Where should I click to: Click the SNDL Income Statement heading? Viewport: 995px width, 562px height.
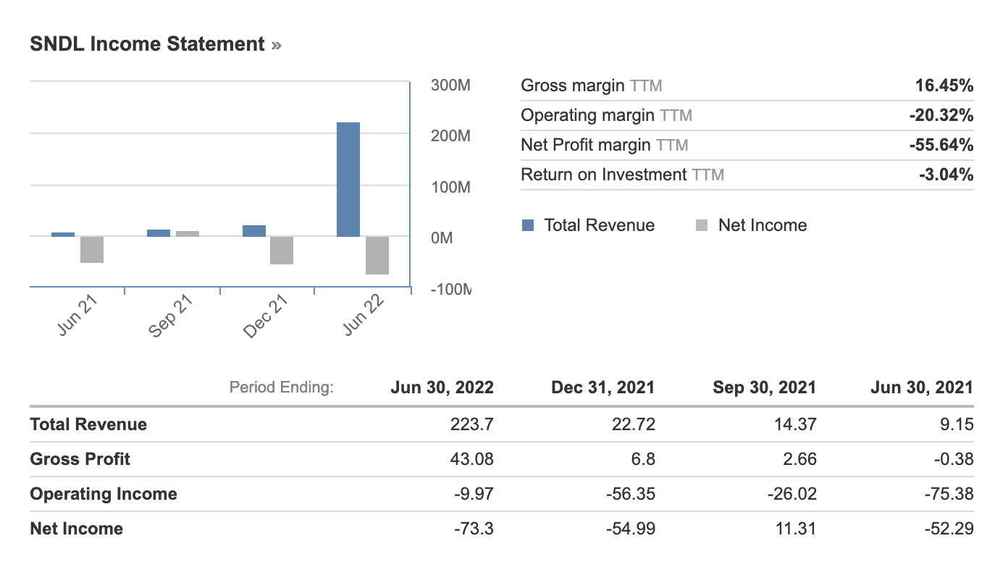pos(148,44)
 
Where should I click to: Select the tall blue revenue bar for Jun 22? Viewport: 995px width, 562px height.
pos(348,180)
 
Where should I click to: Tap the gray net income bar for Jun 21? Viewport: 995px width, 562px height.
pos(92,249)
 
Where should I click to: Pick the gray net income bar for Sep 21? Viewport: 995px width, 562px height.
pos(188,233)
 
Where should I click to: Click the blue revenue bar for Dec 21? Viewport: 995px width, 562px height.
pos(254,230)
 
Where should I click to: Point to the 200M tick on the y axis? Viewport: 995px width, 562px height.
pos(450,136)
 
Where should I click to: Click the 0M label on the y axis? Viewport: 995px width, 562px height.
pos(442,238)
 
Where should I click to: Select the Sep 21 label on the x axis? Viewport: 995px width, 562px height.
pos(172,316)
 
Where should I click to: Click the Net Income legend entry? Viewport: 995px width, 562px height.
pos(751,225)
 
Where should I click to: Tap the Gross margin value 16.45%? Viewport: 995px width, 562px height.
pos(944,86)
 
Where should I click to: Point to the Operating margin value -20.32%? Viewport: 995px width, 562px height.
pos(941,115)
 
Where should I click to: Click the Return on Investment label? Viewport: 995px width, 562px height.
pos(604,175)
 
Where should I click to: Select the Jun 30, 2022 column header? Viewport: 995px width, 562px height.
pos(442,387)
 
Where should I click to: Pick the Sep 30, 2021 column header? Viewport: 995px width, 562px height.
pos(764,387)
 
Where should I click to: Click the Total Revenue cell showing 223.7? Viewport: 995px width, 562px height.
pos(472,424)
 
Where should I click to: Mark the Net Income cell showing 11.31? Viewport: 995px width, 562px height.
pos(797,529)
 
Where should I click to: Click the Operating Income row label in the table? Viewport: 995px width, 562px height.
pos(104,494)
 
